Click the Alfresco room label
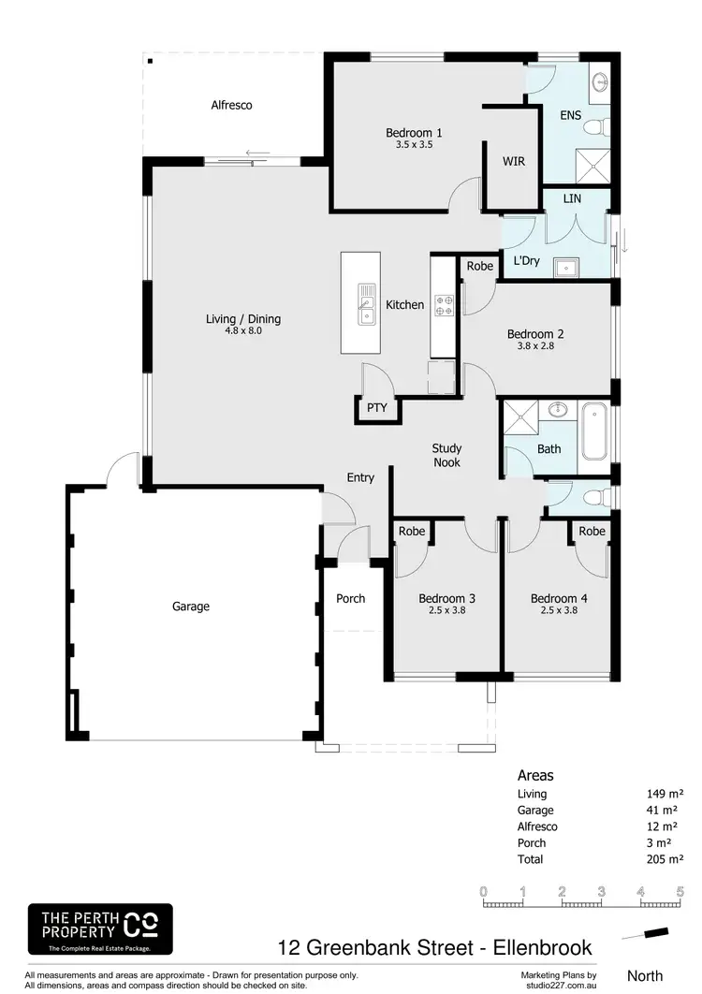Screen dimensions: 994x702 click(x=231, y=106)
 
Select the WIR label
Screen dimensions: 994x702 click(x=513, y=161)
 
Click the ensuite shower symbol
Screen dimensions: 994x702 click(x=592, y=167)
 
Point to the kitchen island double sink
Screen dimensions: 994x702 click(x=366, y=302)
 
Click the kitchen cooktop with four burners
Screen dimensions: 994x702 click(x=443, y=304)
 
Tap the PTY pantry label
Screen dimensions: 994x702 click(x=376, y=408)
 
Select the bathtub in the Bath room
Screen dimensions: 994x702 click(x=593, y=431)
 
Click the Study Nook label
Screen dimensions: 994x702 click(x=446, y=455)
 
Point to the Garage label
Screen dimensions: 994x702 click(x=191, y=607)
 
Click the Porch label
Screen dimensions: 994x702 click(x=351, y=599)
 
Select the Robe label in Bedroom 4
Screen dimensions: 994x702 click(x=592, y=532)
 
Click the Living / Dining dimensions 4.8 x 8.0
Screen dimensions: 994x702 click(x=242, y=330)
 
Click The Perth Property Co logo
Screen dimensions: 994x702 click(x=100, y=928)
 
